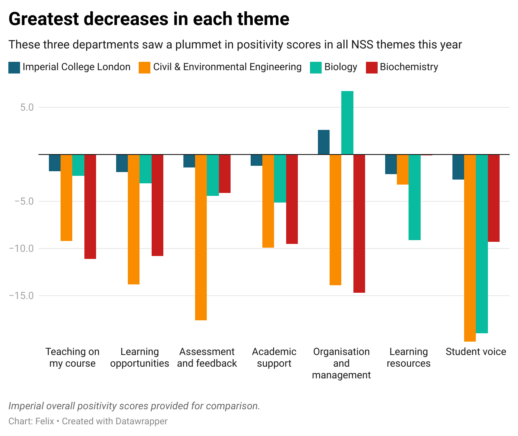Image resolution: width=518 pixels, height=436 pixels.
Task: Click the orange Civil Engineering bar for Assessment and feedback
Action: (x=201, y=237)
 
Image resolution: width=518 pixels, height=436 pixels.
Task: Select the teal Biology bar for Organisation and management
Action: (x=347, y=123)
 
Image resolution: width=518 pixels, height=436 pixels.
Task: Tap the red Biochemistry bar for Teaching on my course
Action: (x=90, y=207)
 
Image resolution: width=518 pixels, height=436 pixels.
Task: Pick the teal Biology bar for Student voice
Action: (x=482, y=244)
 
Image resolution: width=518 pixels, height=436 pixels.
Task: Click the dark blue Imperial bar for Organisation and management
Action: (x=324, y=142)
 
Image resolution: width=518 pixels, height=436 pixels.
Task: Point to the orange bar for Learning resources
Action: (x=402, y=170)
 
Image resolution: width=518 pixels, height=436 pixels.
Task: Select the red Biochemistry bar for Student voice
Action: (x=494, y=198)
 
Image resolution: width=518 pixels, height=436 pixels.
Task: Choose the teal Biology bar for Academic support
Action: (x=280, y=179)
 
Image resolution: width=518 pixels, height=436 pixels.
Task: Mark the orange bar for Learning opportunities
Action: (x=134, y=219)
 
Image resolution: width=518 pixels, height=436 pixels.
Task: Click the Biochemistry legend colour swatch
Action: (x=371, y=67)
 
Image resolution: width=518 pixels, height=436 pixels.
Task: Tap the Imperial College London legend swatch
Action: (x=14, y=67)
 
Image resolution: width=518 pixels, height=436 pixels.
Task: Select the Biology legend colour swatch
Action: (x=316, y=67)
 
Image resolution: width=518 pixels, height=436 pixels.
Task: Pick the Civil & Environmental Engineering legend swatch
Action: (x=145, y=67)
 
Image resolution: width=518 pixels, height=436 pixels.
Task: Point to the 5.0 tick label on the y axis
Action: (x=27, y=107)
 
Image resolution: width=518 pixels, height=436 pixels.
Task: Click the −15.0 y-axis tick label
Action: (x=21, y=296)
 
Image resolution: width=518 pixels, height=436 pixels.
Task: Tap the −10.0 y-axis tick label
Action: (x=21, y=248)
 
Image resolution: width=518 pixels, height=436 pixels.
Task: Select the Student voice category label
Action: (x=476, y=352)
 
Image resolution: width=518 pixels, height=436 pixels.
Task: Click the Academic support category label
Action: (x=274, y=357)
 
